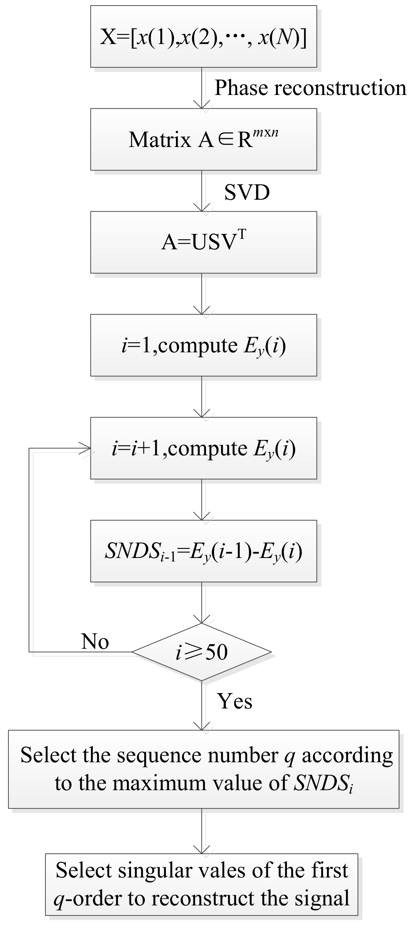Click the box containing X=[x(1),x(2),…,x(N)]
pyautogui.click(x=204, y=36)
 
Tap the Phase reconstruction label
pyautogui.click(x=310, y=88)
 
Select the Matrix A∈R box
pyautogui.click(x=204, y=139)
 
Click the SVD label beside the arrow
pyautogui.click(x=247, y=192)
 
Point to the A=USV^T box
pyautogui.click(x=204, y=242)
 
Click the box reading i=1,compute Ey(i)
pyautogui.click(x=204, y=345)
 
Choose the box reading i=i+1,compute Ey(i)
pyautogui.click(x=204, y=448)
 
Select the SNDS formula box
pyautogui.click(x=204, y=551)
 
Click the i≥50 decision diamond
pyautogui.click(x=202, y=652)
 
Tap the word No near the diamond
pyautogui.click(x=95, y=641)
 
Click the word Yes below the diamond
pyautogui.click(x=234, y=701)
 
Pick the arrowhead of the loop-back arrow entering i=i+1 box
pyautogui.click(x=86, y=448)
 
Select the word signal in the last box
pyautogui.click(x=322, y=898)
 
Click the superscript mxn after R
pyautogui.click(x=265, y=133)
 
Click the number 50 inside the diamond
pyautogui.click(x=216, y=652)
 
